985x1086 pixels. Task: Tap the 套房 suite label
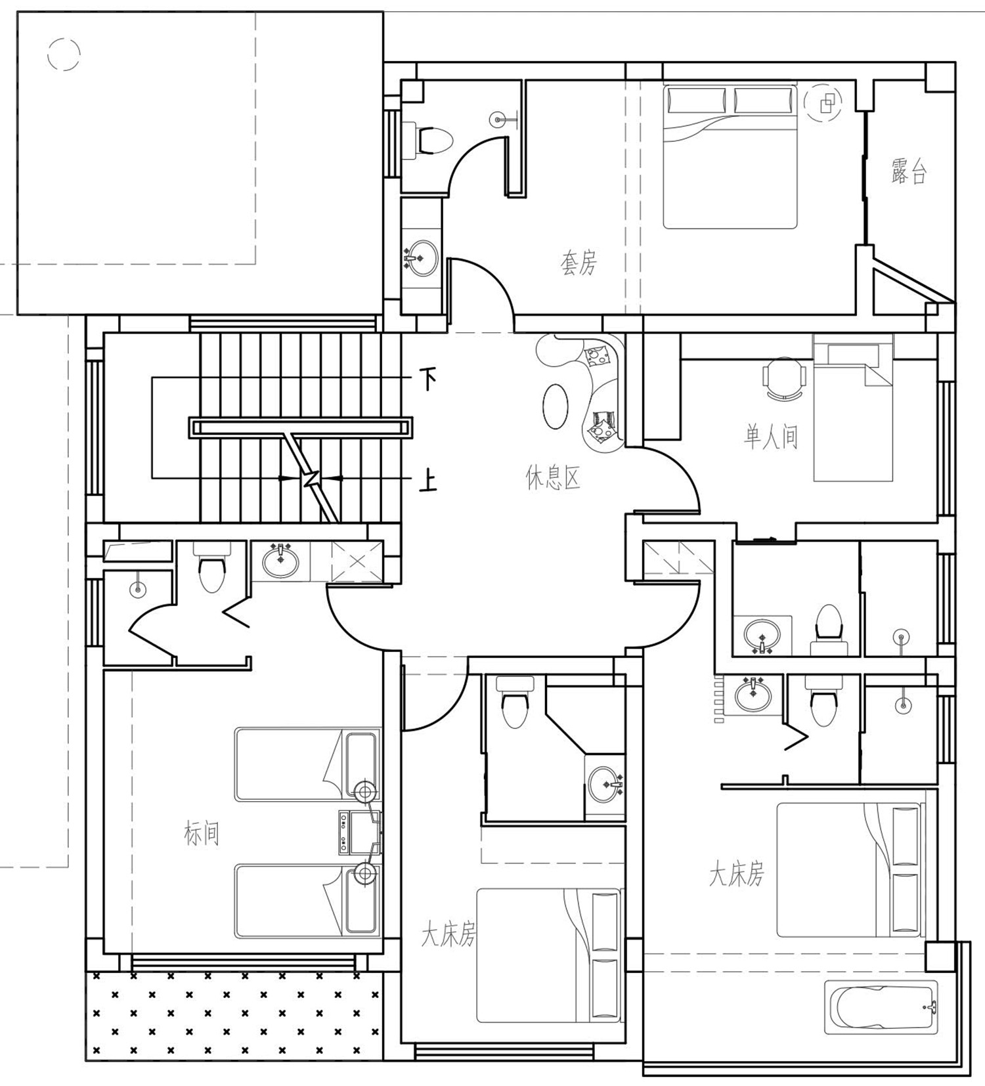(579, 263)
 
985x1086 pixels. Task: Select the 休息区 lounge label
(553, 478)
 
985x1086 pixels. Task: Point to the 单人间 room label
(771, 436)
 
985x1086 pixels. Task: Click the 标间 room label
(201, 833)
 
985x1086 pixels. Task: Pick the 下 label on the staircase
(428, 379)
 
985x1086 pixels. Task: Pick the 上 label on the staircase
(428, 483)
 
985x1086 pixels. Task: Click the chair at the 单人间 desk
(784, 378)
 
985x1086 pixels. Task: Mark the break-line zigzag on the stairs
(311, 477)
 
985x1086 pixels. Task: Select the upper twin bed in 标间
(307, 764)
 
